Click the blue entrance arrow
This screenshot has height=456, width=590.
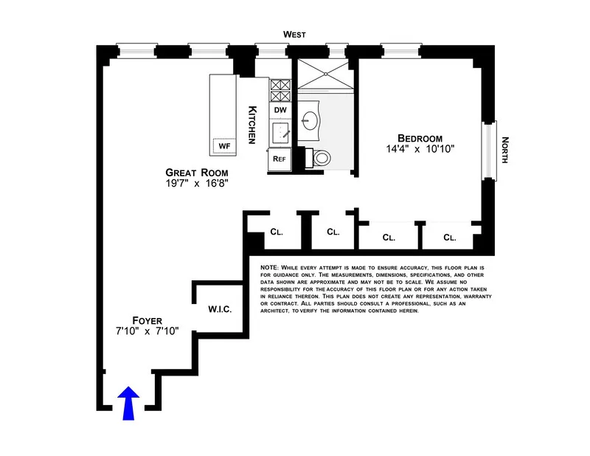[128, 404]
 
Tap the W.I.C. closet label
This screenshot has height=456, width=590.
[220, 309]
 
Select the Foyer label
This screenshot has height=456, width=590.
[147, 320]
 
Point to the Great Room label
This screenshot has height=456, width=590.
[191, 173]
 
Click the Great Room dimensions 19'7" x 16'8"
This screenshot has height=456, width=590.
[191, 184]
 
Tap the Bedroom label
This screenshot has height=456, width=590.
[420, 138]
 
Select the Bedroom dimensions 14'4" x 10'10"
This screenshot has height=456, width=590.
[420, 149]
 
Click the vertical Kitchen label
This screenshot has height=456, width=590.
[251, 124]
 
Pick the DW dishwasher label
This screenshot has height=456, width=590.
[280, 111]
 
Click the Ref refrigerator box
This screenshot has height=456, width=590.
[280, 158]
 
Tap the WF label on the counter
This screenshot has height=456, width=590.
[224, 146]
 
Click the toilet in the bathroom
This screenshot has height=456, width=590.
[322, 157]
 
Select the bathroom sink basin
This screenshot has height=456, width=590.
[310, 121]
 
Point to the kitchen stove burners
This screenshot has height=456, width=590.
[280, 91]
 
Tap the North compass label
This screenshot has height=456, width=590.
[506, 151]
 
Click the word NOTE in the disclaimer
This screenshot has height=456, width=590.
[271, 267]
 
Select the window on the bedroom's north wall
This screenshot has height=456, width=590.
[489, 150]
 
